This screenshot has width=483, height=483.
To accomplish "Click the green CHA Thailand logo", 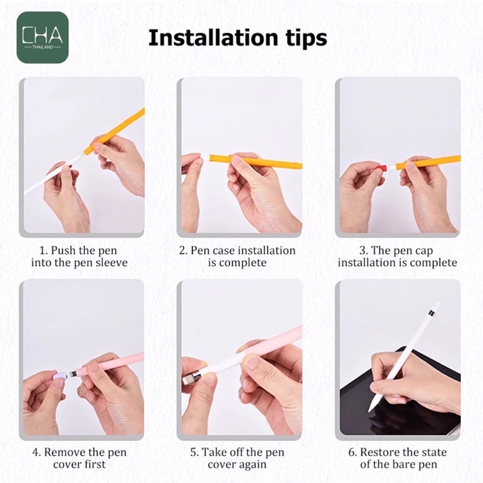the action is pos(42,37).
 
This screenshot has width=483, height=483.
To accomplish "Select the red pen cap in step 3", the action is pos(382,168).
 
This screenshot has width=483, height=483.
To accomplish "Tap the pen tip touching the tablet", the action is pos(370,409).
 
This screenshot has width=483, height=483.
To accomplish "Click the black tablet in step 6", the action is pos(400,400).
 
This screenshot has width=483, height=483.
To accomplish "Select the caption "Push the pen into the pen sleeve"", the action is pos(79,256).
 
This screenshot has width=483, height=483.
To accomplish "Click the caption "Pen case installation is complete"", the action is pos(237,256).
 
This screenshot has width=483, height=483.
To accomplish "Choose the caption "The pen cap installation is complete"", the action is pos(397,256).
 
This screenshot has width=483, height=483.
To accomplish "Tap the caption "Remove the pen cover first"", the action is pos(79,458).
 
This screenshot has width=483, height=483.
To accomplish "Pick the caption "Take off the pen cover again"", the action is pos(237,458).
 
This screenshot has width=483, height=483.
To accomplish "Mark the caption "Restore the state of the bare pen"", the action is pos(398,458).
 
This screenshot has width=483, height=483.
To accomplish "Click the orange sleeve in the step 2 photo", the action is pos(255,162).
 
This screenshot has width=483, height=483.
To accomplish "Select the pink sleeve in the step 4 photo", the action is pos(111,364).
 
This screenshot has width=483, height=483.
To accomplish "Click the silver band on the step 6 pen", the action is pos(432,313).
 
